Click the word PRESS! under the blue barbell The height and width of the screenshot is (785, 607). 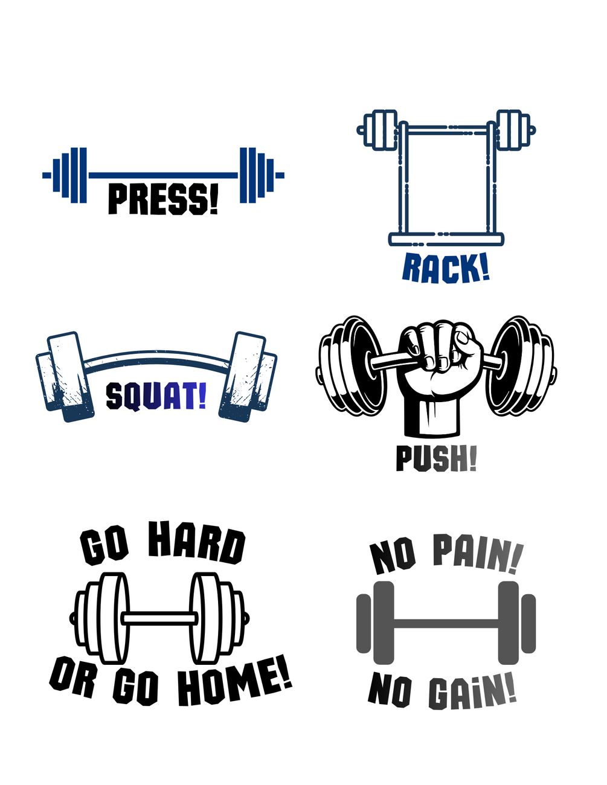(x=163, y=199)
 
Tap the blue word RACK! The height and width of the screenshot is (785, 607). (x=446, y=268)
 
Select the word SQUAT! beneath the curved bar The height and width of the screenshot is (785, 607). (x=156, y=397)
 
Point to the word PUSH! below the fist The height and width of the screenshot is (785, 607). (x=437, y=458)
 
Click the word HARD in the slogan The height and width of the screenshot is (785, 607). (x=197, y=543)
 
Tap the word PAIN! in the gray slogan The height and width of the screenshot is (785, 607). (x=478, y=554)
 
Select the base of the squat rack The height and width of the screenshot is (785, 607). (x=446, y=239)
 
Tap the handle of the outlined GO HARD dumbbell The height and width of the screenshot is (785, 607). (x=159, y=618)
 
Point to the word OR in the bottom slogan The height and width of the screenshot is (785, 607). (x=73, y=676)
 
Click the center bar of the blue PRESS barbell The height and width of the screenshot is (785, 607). (x=163, y=176)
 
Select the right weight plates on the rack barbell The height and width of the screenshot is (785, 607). (x=515, y=130)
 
